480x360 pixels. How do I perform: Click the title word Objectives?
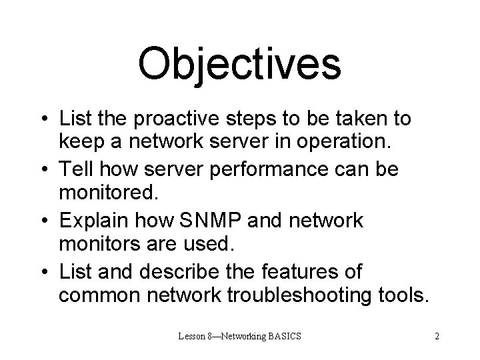coord(239,63)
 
